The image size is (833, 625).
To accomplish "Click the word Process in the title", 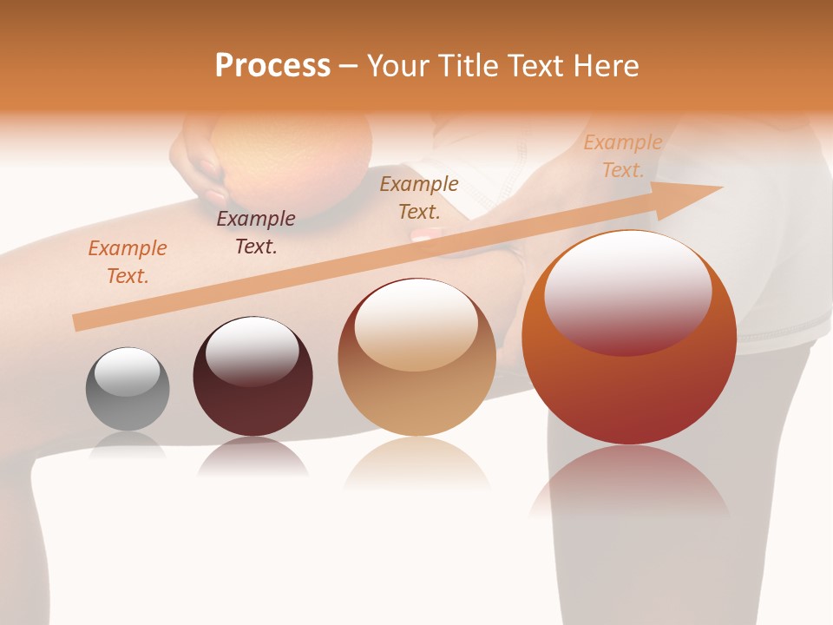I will (272, 66).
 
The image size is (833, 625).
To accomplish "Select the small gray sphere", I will (128, 389).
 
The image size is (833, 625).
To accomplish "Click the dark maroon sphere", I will (253, 382).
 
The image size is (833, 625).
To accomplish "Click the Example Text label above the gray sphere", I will (128, 262).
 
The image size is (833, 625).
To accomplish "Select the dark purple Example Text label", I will (256, 233).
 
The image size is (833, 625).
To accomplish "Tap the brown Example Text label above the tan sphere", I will (419, 198).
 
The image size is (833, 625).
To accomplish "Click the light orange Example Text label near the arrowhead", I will (623, 156).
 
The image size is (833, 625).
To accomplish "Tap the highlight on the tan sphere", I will (416, 326).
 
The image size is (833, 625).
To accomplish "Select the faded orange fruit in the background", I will (291, 148).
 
